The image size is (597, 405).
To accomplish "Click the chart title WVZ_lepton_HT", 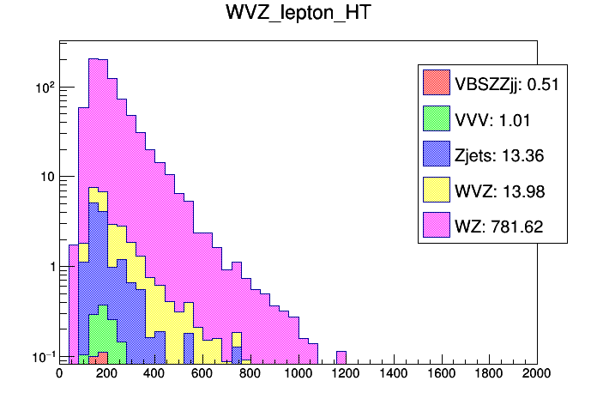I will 298,16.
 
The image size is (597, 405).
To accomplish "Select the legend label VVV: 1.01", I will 483,119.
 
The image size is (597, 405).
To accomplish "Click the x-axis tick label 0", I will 59,374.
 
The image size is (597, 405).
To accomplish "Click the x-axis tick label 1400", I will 394,374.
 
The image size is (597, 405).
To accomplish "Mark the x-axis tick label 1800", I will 489,374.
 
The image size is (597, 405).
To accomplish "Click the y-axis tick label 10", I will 45,177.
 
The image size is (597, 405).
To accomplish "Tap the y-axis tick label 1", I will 49,267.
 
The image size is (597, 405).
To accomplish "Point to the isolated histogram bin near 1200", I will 341,358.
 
